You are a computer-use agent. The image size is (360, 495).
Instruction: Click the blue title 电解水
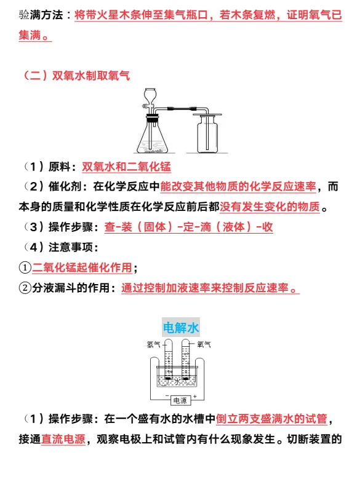[180, 327]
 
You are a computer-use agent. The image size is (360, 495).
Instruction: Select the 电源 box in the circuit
[180, 400]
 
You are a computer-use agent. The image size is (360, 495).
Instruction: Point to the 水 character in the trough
[178, 381]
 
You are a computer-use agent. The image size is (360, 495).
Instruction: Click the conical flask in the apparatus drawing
[150, 138]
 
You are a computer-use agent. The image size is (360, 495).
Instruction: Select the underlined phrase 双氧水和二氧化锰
[126, 167]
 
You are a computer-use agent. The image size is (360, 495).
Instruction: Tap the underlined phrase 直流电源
[63, 440]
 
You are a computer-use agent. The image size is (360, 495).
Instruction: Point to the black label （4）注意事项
[58, 247]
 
